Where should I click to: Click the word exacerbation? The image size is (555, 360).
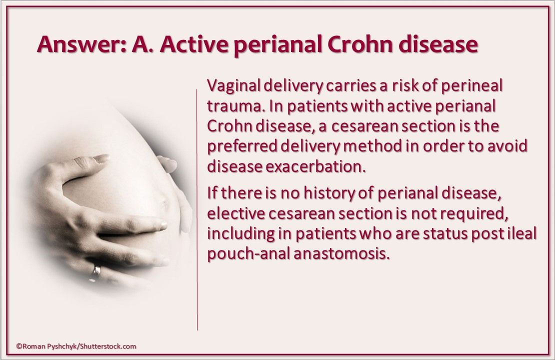click(x=315, y=166)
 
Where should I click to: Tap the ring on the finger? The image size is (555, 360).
click(x=96, y=272)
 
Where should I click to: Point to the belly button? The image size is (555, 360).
click(x=163, y=204)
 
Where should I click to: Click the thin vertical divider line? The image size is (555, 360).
click(x=197, y=209)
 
